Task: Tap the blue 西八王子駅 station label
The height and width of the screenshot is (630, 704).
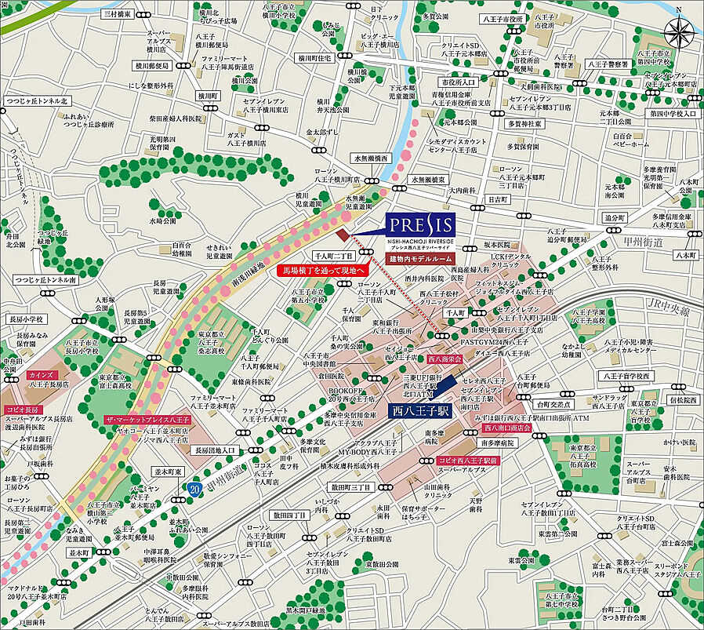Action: [x=420, y=410]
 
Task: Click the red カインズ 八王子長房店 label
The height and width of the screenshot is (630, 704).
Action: [x=49, y=380]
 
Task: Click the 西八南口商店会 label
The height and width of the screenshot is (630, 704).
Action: [x=507, y=428]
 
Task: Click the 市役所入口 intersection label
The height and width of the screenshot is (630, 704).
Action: [x=458, y=82]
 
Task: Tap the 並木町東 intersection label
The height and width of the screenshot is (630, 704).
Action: [x=167, y=473]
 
